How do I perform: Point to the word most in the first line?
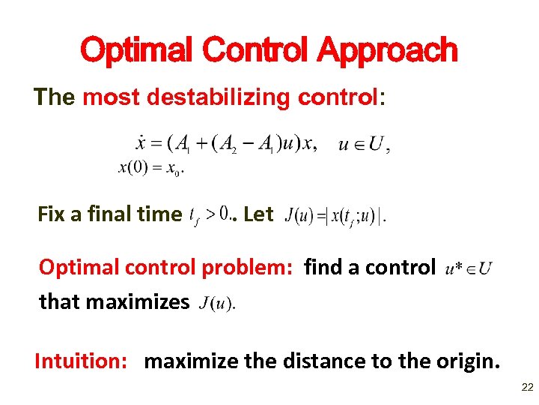tap(106, 97)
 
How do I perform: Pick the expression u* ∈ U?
tap(468, 268)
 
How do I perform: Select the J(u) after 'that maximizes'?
tap(218, 303)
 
